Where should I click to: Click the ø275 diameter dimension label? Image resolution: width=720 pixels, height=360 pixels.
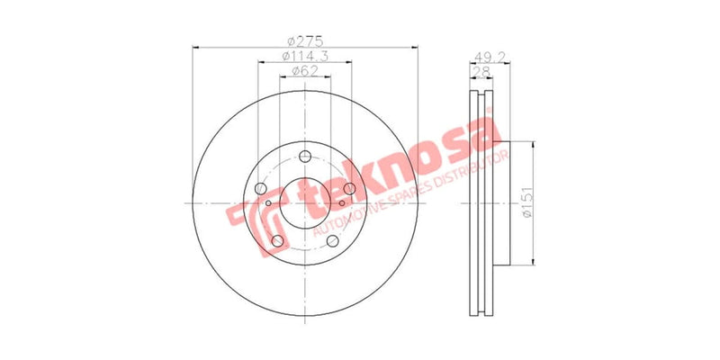click(x=305, y=41)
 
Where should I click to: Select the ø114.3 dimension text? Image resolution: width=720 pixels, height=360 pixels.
click(x=305, y=57)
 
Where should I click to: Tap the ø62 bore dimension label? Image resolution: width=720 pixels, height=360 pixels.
click(x=305, y=73)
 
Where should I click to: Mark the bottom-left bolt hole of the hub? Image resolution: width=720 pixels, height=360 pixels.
click(x=278, y=240)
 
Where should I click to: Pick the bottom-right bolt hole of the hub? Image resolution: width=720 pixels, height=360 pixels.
click(x=332, y=240)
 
